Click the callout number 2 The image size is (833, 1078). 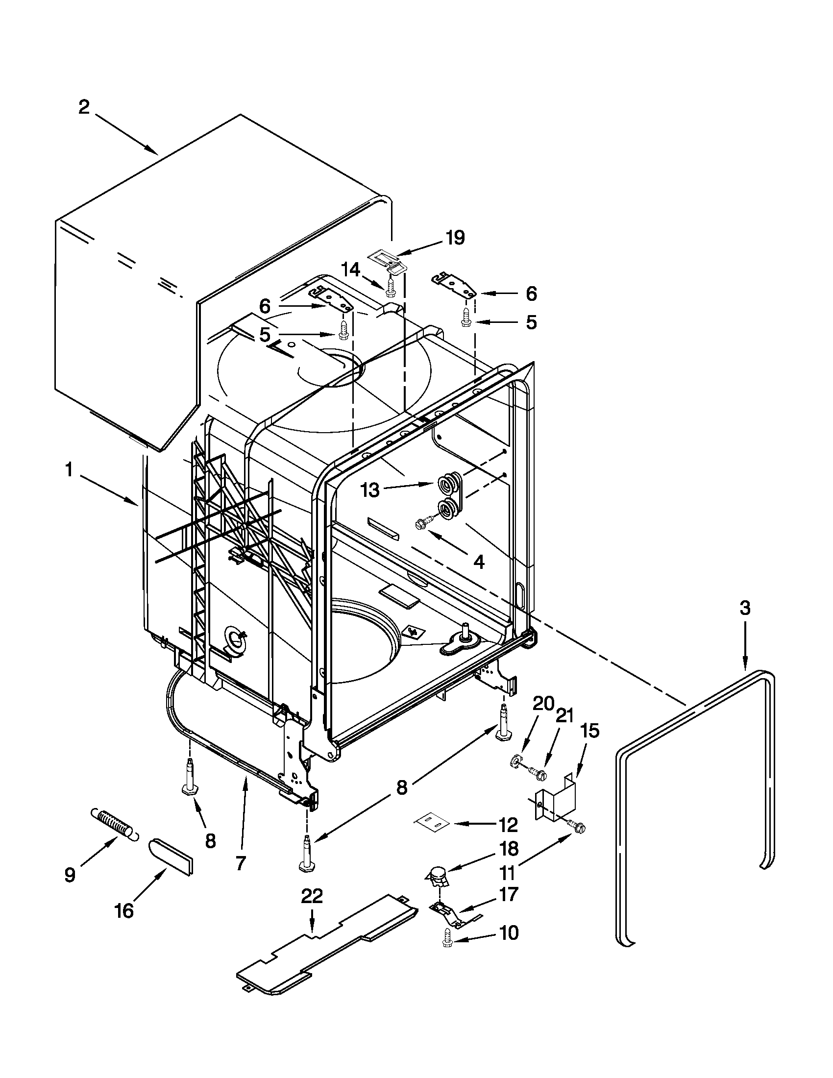[x=84, y=107]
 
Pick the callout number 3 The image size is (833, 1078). [x=745, y=609]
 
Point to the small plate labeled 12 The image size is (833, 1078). [x=432, y=821]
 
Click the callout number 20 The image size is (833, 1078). [x=542, y=703]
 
